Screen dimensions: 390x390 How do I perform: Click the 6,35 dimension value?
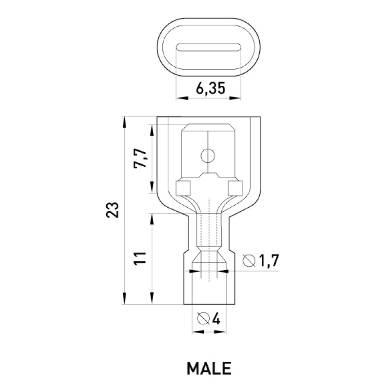211,89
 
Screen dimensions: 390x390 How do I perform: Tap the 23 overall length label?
113,210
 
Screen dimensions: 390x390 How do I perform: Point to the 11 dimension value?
140,258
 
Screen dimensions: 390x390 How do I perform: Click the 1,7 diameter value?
269,261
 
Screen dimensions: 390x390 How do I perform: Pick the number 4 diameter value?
215,319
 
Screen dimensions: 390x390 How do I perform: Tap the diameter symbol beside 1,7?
249,261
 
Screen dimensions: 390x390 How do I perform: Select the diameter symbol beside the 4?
203,319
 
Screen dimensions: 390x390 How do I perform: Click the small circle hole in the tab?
208,156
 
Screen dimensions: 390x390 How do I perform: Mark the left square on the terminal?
183,188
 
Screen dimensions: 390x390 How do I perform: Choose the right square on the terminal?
235,188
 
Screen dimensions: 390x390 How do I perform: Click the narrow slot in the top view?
209,47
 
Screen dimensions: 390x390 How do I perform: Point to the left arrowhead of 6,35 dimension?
182,98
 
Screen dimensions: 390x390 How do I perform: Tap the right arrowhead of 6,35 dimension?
235,98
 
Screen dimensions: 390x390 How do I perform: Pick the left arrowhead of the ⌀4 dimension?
198,332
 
